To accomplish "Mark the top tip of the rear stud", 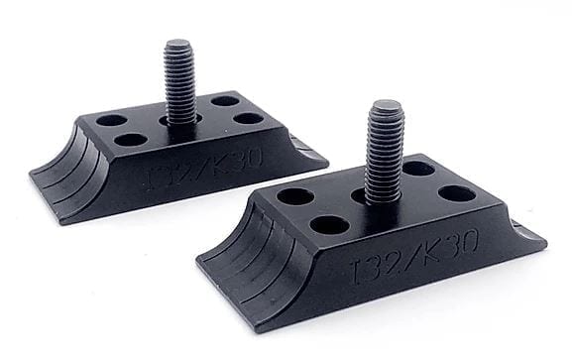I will (x=178, y=44).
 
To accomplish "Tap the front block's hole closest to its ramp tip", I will (x=294, y=195).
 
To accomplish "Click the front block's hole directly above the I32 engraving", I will (x=331, y=223).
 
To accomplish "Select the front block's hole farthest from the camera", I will (x=417, y=168).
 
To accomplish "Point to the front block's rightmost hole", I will (x=458, y=192).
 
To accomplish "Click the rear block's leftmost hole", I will (x=111, y=120).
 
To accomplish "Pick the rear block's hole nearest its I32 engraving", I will (x=130, y=139).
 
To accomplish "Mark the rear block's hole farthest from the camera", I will (x=225, y=100).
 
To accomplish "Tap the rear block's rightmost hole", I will (x=250, y=118).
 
